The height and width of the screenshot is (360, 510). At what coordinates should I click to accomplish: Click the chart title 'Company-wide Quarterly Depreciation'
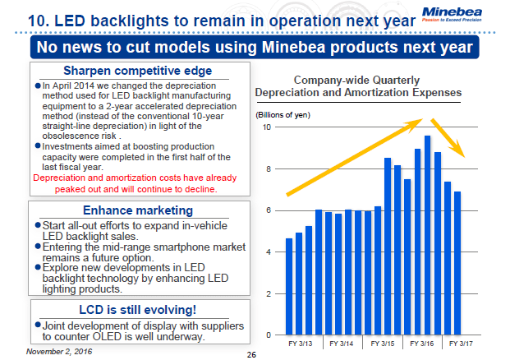(x=358, y=85)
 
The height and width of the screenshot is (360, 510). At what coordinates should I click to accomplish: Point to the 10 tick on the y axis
(x=267, y=127)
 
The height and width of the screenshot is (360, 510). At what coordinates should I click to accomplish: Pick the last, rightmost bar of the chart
(x=457, y=263)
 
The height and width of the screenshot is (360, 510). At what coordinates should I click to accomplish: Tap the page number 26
(x=252, y=353)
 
